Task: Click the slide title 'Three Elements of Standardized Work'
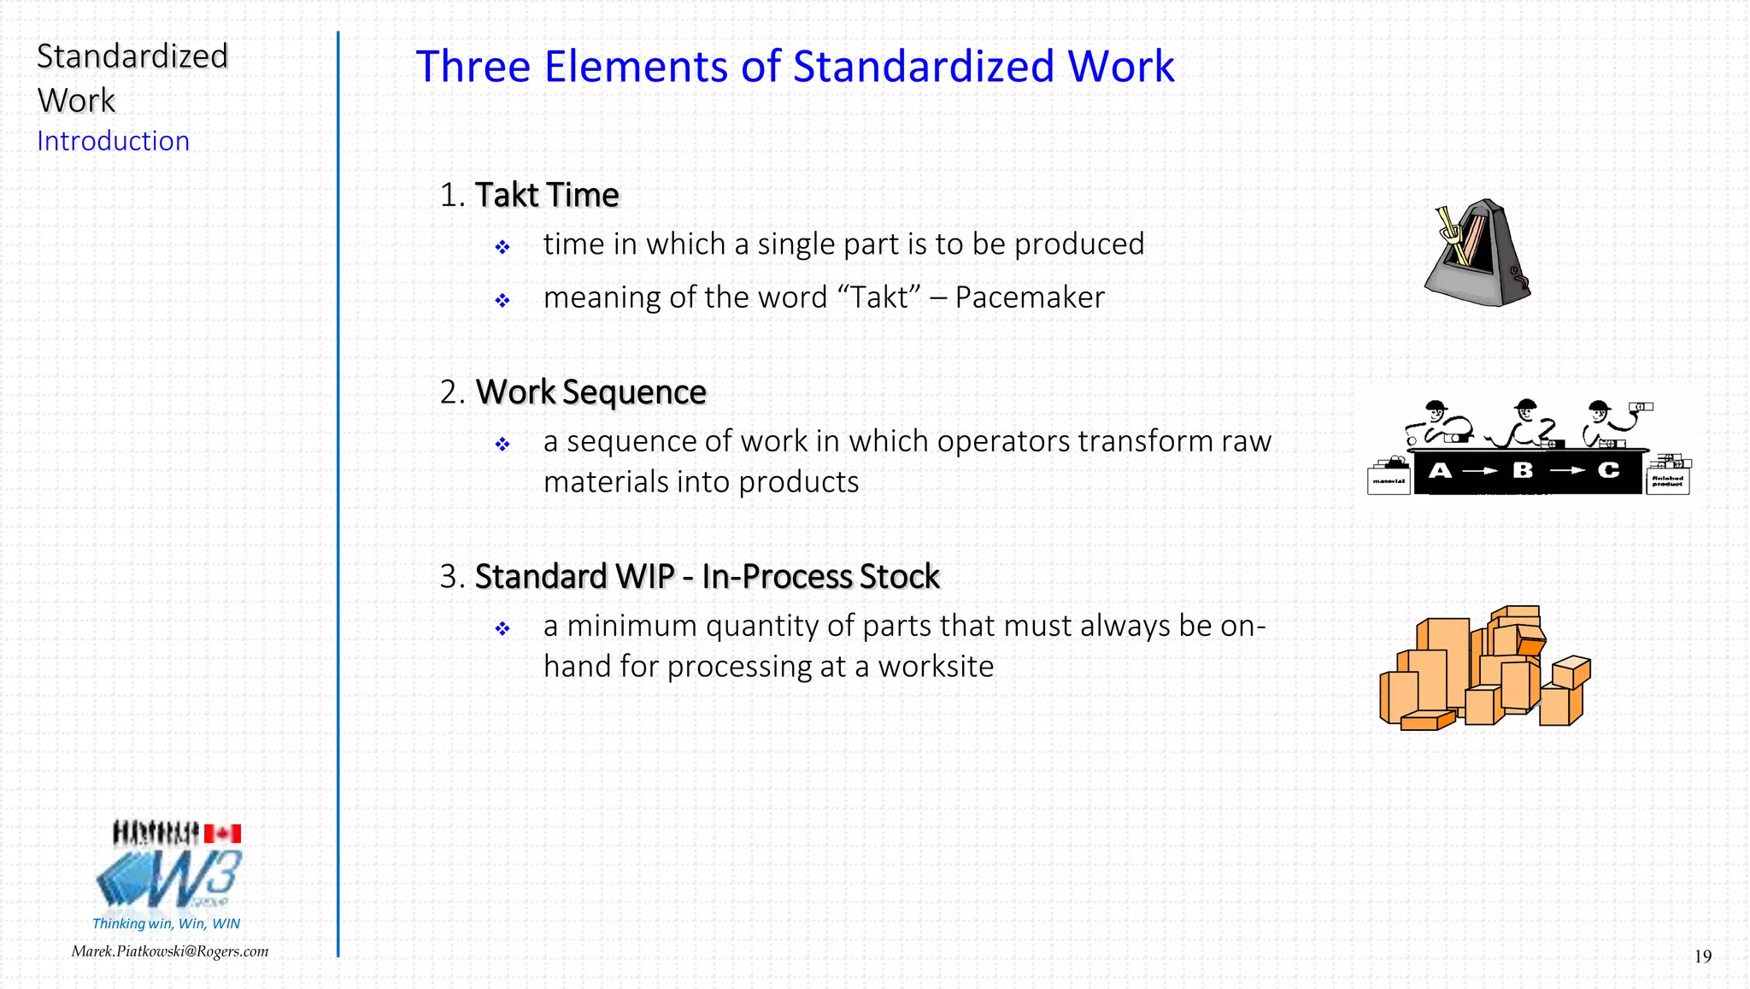click(795, 67)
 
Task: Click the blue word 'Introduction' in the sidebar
click(113, 141)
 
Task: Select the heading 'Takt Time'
click(547, 195)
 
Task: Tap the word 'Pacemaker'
click(1030, 297)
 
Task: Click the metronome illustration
click(1477, 254)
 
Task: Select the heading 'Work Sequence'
click(590, 392)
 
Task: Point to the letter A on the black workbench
click(1440, 470)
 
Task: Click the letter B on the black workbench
click(1523, 470)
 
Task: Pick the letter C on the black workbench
click(1609, 470)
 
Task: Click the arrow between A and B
click(1480, 471)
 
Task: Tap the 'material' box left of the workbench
click(1389, 479)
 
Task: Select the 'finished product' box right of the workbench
click(1667, 480)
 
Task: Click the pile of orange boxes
click(1485, 670)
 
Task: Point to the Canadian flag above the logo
click(222, 833)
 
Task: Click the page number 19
click(1702, 957)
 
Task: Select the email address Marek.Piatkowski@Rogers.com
click(170, 951)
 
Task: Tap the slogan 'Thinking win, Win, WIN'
click(166, 923)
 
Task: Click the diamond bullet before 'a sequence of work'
click(502, 444)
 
